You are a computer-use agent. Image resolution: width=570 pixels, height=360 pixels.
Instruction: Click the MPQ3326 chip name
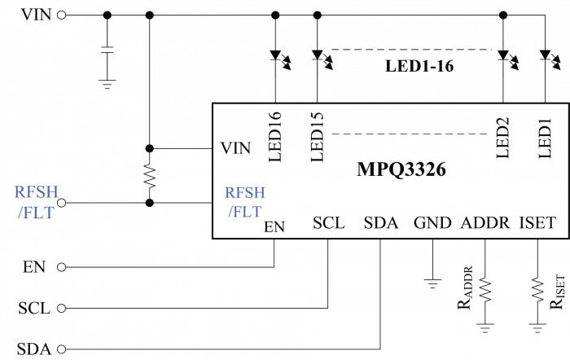point(401,169)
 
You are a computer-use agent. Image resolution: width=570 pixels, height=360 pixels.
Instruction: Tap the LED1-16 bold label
point(419,66)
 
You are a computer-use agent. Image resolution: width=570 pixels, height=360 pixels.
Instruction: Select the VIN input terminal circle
point(62,15)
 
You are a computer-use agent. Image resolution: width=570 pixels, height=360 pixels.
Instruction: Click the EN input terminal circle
point(62,267)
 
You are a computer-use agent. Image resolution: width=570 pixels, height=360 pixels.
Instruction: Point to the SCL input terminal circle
point(62,309)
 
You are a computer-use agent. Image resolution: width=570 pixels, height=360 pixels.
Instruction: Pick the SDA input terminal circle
point(62,349)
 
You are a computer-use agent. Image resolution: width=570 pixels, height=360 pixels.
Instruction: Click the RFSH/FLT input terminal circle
point(62,203)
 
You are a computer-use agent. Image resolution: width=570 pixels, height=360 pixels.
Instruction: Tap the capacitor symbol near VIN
point(107,50)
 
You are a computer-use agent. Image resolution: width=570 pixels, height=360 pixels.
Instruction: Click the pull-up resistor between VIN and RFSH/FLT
point(149,177)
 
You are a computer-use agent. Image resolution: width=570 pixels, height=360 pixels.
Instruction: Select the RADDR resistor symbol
point(485,290)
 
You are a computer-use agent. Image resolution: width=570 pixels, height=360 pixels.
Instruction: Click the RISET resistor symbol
point(537,290)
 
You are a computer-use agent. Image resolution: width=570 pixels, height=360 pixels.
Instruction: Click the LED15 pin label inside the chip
point(318,137)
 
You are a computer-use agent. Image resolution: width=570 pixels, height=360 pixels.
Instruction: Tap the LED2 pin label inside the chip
point(503,138)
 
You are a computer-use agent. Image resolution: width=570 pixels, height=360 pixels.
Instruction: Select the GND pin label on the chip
point(432,222)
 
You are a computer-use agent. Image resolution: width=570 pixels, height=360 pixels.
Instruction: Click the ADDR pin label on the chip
point(485,222)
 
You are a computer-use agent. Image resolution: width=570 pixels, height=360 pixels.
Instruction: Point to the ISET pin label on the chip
point(537,222)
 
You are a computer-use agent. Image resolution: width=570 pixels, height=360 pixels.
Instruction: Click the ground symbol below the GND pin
point(432,283)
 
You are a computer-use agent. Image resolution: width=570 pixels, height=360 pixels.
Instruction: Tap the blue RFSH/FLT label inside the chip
point(244,202)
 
